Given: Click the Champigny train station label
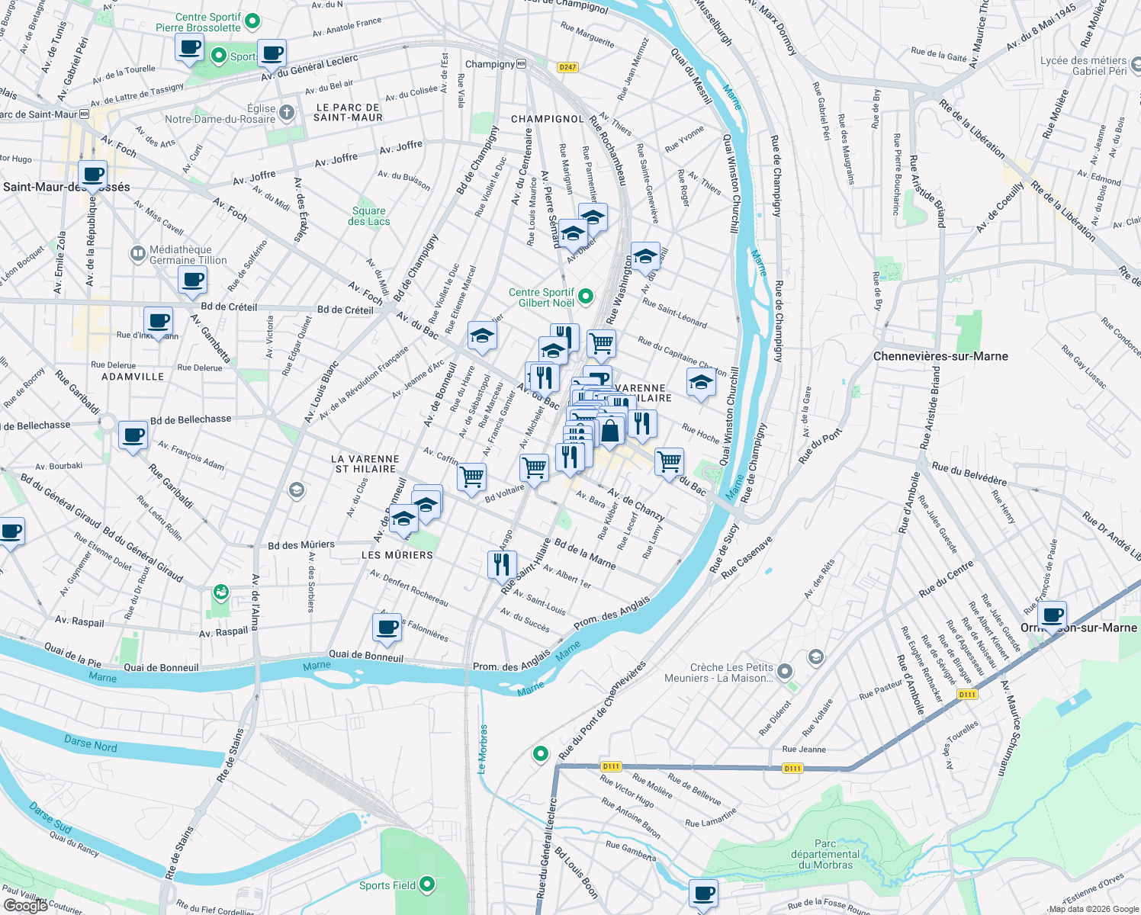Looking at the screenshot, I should pos(490,64).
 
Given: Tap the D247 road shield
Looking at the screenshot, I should pos(567,67).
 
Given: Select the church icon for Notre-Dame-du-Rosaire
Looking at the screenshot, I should pos(287,114).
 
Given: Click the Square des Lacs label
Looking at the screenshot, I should pos(369,217).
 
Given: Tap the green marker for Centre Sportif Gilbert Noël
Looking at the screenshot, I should pos(586,297).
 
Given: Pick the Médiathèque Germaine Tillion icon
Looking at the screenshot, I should pos(138,253).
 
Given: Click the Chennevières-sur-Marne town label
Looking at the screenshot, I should pos(940,356).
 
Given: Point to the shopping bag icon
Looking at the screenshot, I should pos(610,432).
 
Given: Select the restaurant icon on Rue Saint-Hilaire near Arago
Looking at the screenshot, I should pos(501,565).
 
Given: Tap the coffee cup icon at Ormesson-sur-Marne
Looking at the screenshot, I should pos(1053,615).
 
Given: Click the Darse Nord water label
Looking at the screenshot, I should pos(90,745).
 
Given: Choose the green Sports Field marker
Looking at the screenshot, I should pos(427,884).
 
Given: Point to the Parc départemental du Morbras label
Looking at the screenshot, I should pos(825,854).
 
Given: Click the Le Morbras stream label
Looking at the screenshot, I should pos(483,750).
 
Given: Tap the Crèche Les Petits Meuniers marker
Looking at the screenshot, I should pos(785,672).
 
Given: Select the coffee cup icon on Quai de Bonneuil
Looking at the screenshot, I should pos(387,628).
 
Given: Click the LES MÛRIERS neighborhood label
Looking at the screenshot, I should pos(397,555).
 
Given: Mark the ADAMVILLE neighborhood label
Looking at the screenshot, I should pos(133,377).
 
